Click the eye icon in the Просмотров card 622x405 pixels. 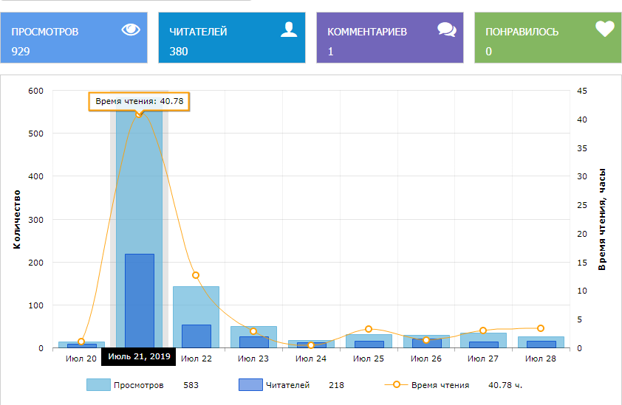(131, 30)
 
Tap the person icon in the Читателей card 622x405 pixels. (289, 30)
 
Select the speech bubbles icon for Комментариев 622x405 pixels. (446, 30)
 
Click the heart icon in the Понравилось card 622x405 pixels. (605, 30)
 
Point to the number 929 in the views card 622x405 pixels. (21, 52)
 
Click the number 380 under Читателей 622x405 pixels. (179, 52)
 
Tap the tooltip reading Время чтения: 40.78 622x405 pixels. (138, 101)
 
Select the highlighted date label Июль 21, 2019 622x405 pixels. (139, 357)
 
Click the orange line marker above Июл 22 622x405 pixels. (196, 275)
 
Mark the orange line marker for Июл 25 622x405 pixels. (368, 329)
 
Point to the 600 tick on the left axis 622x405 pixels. (36, 91)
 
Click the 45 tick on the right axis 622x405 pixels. (582, 91)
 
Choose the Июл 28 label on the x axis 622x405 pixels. (540, 359)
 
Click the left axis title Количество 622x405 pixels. (17, 219)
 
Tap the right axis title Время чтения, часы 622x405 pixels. (602, 219)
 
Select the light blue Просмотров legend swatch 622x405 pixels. (98, 384)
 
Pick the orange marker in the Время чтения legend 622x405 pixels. (397, 384)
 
